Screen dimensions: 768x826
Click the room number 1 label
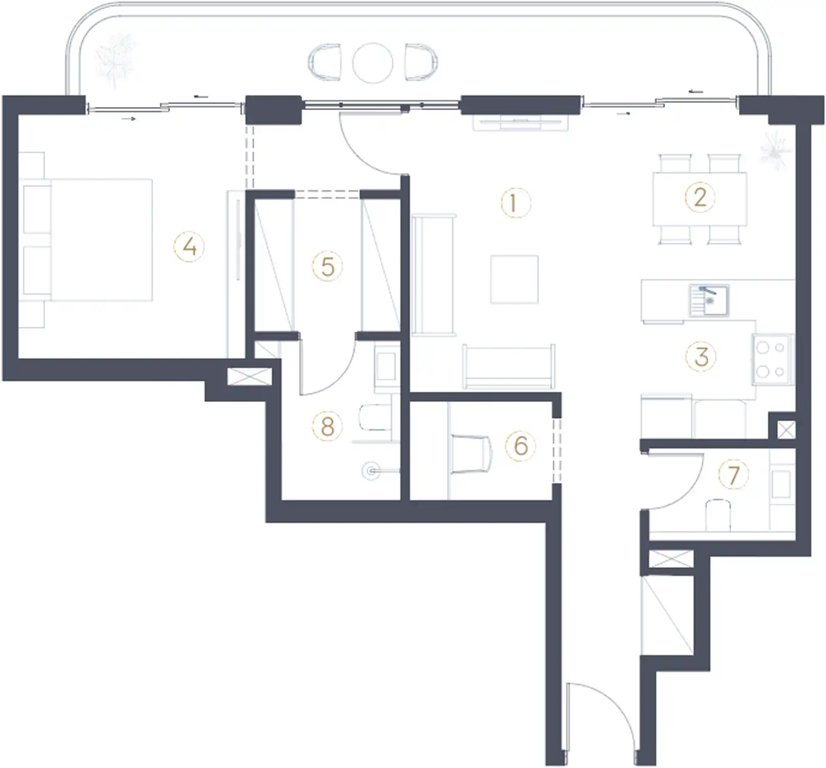point(515,203)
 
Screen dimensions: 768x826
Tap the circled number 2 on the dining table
point(700,198)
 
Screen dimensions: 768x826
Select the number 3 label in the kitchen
point(701,357)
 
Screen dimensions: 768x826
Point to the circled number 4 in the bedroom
point(189,247)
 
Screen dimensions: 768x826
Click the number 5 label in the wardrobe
point(327,266)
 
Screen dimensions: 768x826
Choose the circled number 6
point(520,445)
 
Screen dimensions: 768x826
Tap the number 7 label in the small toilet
point(733,475)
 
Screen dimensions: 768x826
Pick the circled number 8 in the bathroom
point(327,426)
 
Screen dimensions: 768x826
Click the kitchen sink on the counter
point(709,300)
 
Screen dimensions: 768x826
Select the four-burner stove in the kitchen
point(771,359)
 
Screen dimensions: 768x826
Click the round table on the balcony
point(372,63)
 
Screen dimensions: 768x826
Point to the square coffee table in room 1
point(514,280)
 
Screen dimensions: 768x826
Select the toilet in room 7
point(717,514)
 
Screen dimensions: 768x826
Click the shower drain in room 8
point(371,471)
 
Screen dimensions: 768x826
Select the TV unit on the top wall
point(520,123)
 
